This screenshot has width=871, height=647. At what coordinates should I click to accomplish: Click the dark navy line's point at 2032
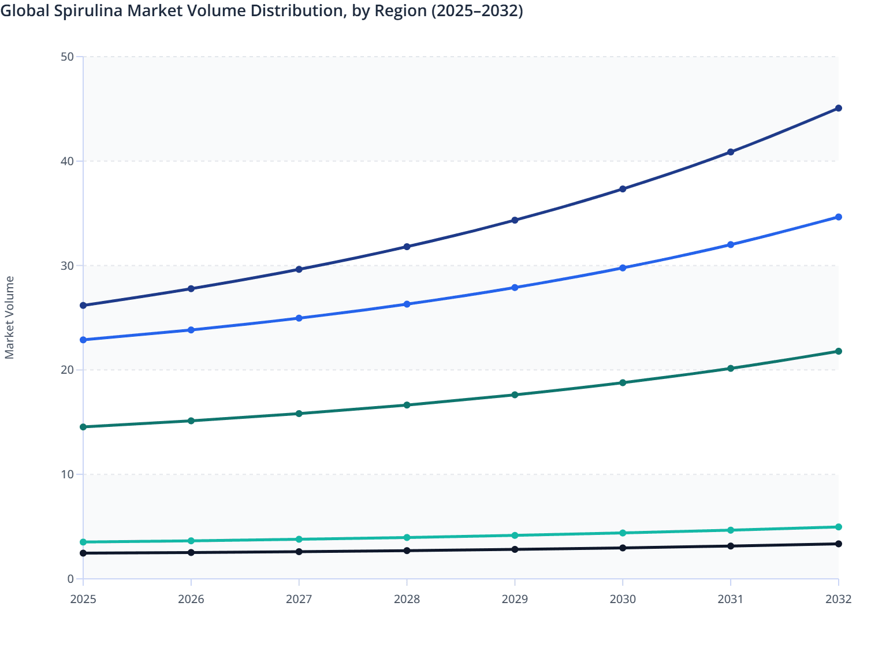838,108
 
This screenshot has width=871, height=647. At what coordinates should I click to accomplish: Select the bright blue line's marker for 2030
623,268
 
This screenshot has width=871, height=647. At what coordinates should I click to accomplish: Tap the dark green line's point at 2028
407,405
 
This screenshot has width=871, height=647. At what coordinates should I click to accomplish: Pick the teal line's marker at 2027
299,539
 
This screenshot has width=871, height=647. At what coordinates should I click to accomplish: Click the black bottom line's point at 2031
731,546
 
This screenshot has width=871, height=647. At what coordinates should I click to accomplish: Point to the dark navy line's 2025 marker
83,305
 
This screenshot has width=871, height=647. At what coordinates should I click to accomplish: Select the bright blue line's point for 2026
191,330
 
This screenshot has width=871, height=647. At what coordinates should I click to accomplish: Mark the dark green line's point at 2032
838,351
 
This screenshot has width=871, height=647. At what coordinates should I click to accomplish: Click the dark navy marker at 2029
515,220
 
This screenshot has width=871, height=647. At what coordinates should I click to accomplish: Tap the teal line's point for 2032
838,527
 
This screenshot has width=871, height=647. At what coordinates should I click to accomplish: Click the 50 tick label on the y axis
67,57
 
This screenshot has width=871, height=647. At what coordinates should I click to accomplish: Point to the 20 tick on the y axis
67,370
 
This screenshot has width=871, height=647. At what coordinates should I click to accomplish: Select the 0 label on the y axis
70,579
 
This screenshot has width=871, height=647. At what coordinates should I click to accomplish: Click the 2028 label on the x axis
407,599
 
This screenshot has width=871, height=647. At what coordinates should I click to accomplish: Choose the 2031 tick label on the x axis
731,599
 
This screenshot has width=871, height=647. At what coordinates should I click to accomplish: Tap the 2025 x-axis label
83,599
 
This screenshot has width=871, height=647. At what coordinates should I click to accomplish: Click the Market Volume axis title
9,318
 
